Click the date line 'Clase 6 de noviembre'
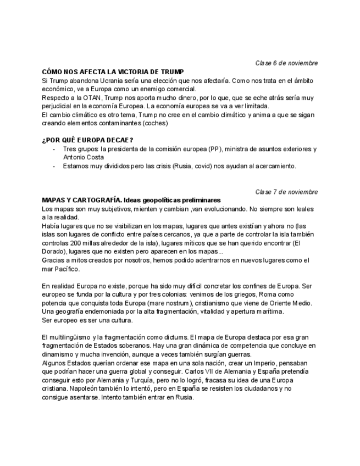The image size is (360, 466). click(286, 63)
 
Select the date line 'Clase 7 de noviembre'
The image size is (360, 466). click(286, 192)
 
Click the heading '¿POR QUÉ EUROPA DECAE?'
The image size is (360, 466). click(87, 140)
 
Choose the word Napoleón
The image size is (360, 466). click(58, 389)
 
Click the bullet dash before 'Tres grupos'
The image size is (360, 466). click(53, 149)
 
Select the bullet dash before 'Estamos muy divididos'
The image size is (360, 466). click(53, 166)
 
